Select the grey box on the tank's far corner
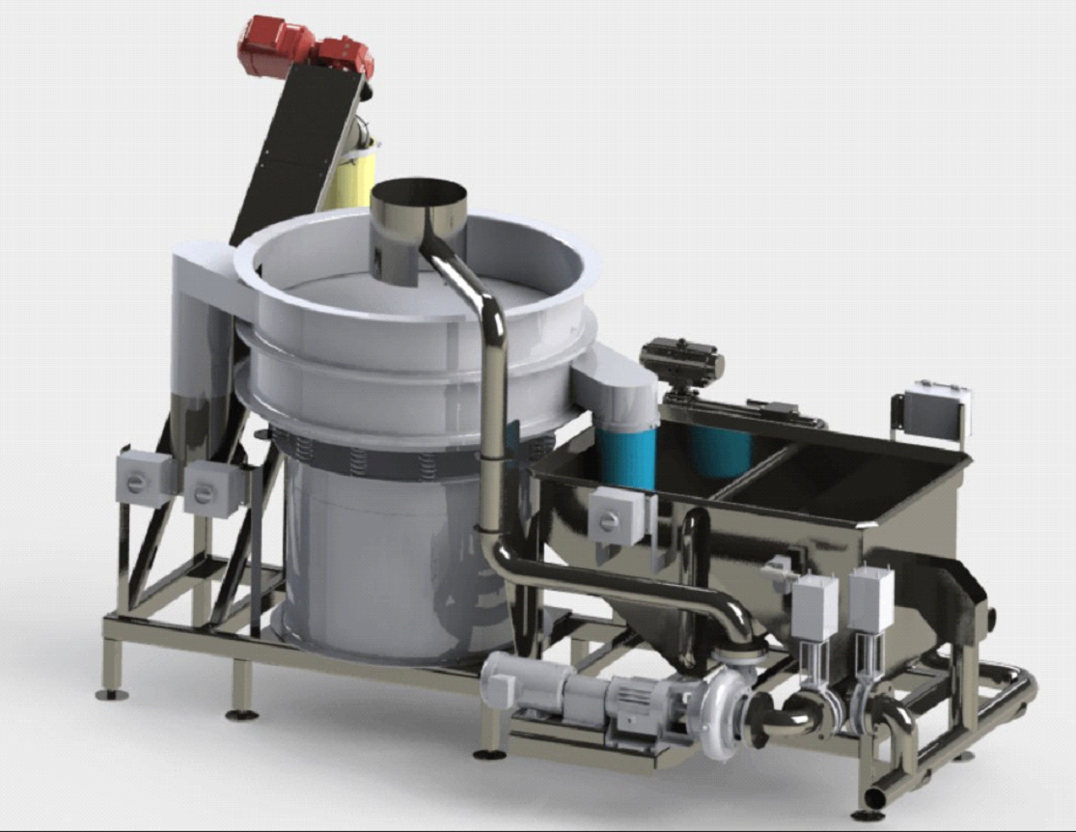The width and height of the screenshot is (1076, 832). (x=936, y=410)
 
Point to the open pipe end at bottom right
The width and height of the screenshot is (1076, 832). (x=874, y=799)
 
